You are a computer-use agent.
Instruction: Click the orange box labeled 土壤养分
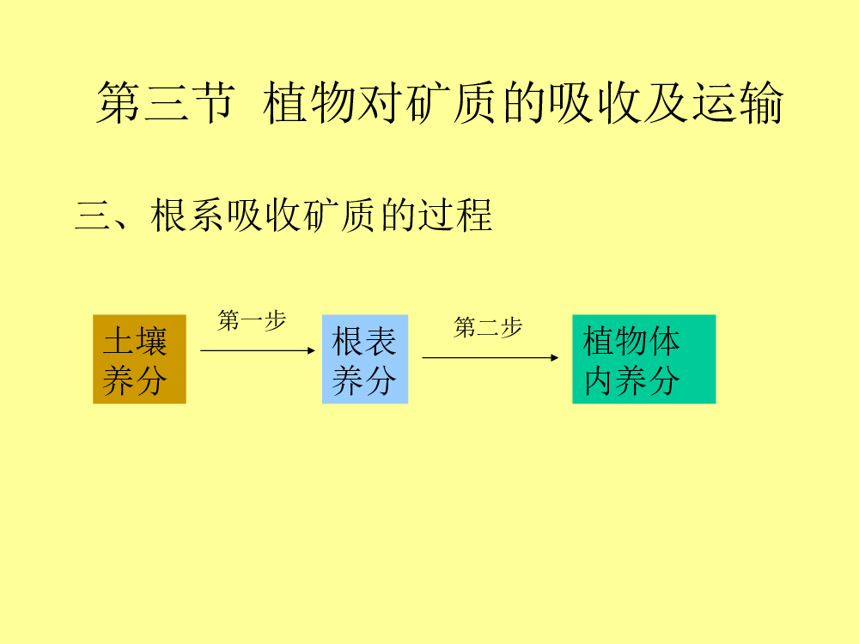tap(140, 359)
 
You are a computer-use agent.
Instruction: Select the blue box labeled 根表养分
tap(365, 359)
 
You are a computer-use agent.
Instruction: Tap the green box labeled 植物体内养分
tap(644, 359)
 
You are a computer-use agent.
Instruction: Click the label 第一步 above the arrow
tap(252, 320)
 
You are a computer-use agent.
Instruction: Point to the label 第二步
tap(488, 327)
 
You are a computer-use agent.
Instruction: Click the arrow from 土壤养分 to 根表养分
tap(258, 350)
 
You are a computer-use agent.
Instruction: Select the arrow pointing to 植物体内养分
tap(490, 357)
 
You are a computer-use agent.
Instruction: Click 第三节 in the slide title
tap(166, 102)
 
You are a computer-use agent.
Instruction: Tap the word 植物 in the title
tap(309, 102)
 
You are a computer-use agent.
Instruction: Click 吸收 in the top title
tap(595, 102)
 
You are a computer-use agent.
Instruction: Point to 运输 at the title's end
tap(738, 102)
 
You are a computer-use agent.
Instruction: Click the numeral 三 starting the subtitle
tap(93, 216)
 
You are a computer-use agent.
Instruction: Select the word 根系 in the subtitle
tap(186, 216)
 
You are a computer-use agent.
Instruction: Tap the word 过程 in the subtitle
tap(455, 216)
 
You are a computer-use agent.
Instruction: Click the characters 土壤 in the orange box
tap(135, 341)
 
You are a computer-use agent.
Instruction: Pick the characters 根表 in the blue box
tap(363, 341)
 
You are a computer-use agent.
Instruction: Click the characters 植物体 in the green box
tap(631, 341)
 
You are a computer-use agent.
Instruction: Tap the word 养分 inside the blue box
tap(363, 380)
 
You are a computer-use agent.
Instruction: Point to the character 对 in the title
tap(380, 102)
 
